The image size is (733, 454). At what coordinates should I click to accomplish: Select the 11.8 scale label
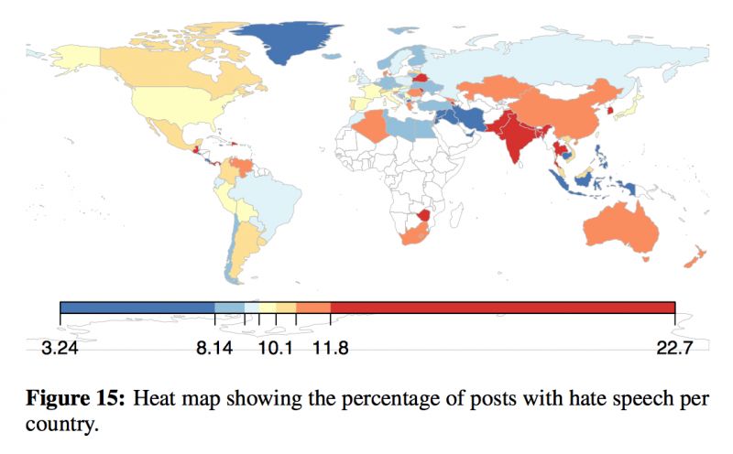[330, 349]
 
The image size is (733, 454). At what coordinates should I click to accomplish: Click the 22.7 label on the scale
[674, 349]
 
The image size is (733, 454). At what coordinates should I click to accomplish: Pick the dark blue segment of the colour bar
[137, 307]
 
